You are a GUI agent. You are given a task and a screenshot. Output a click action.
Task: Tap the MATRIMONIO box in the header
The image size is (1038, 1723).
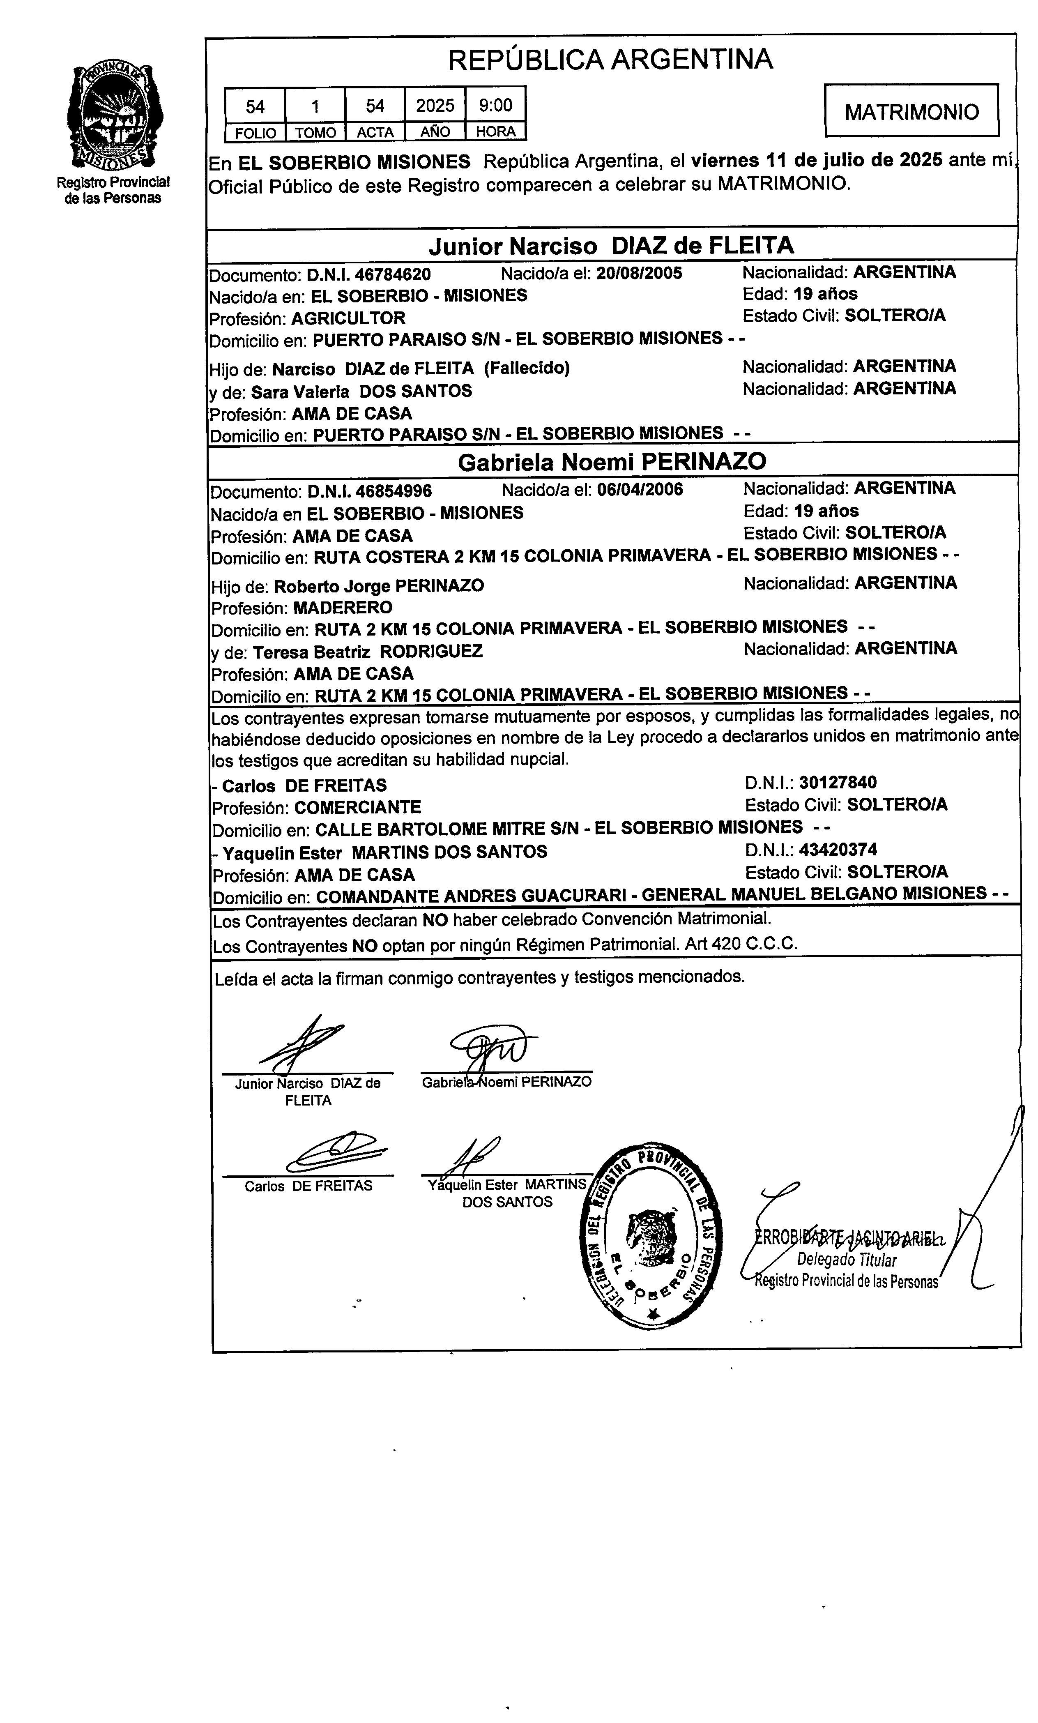[911, 112]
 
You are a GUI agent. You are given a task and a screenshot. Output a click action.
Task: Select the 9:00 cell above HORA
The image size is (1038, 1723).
[495, 106]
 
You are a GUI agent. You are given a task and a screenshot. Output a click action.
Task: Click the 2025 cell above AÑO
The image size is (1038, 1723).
[435, 106]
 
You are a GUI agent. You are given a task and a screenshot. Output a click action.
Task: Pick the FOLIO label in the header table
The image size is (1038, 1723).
[255, 132]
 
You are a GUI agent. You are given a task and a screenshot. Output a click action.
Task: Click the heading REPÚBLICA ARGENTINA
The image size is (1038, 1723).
[610, 60]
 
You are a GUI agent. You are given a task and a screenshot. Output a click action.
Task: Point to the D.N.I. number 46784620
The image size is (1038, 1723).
[393, 274]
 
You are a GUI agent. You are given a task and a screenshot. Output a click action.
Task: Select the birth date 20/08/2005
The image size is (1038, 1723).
[639, 273]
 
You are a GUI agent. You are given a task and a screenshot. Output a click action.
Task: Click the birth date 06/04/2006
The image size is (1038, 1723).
[640, 489]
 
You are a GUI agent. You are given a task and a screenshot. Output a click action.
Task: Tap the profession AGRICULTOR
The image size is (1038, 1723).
[348, 318]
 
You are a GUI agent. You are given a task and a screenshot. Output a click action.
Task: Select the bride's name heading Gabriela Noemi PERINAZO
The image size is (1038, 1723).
[612, 461]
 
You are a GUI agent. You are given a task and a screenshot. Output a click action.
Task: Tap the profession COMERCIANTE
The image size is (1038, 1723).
[357, 808]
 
